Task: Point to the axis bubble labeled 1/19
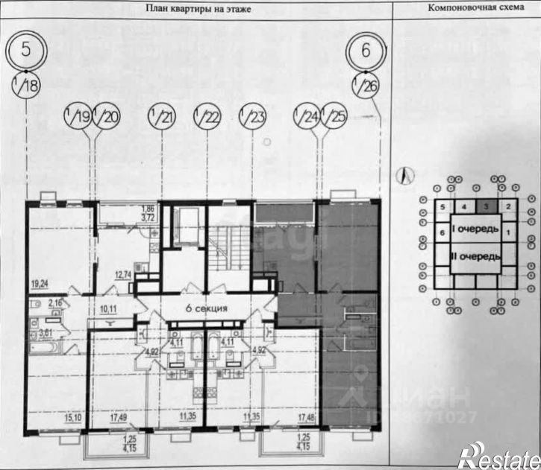click(78, 116)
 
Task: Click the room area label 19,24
click(40, 284)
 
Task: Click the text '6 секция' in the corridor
click(204, 308)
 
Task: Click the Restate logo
click(499, 453)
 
